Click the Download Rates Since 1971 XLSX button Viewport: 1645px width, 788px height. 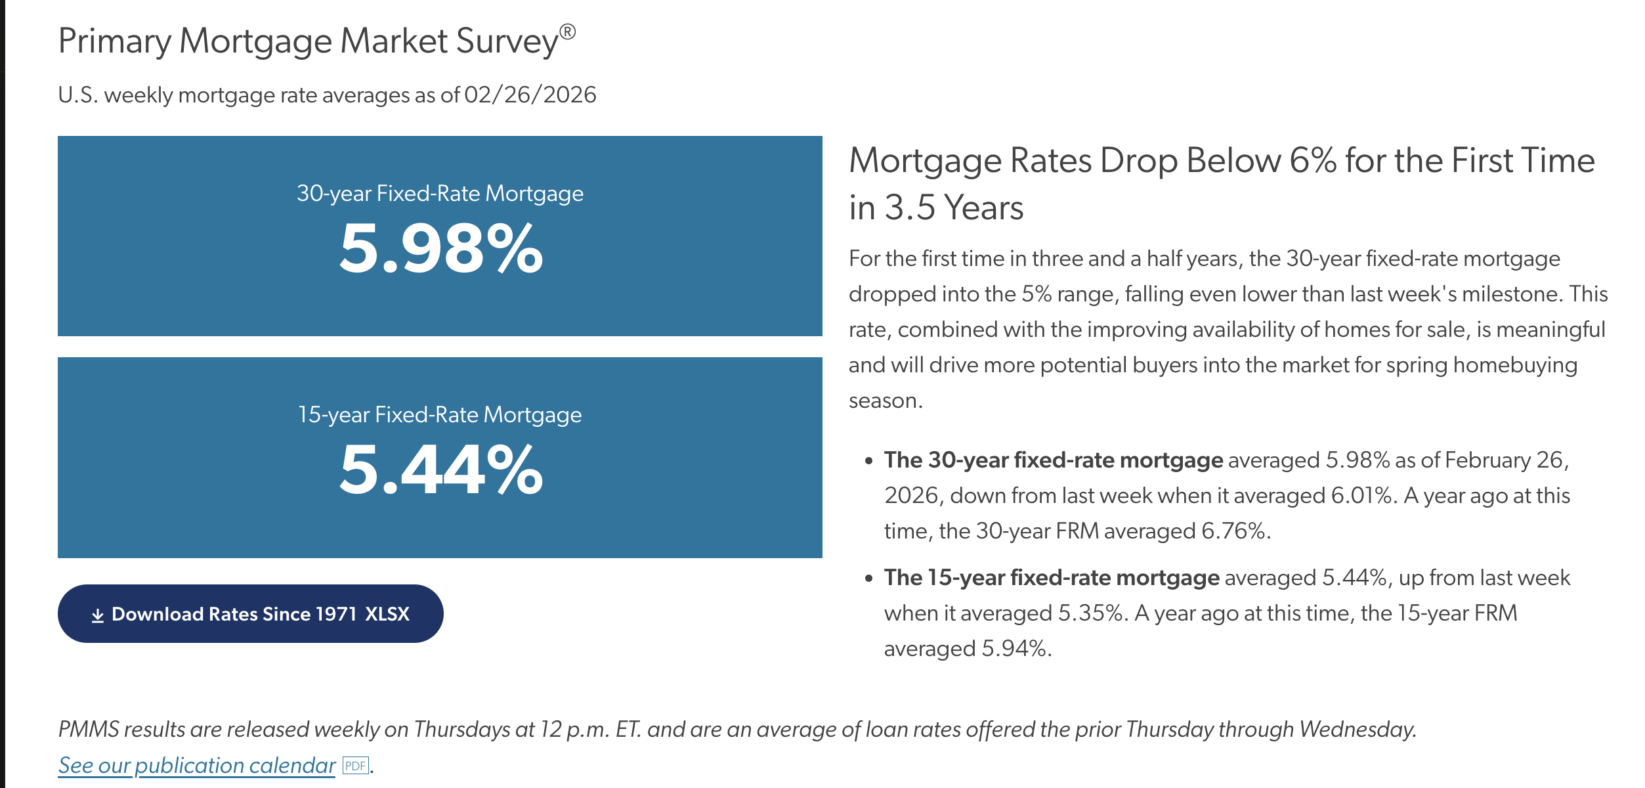pos(250,614)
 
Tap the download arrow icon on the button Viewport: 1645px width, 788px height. pos(98,615)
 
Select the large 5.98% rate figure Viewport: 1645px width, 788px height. pos(440,250)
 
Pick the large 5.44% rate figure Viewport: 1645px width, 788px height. pos(440,470)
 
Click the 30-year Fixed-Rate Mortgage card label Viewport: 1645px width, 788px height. pos(440,194)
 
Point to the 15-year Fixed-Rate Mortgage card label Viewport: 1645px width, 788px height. pos(440,415)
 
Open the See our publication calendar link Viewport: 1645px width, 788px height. pos(197,766)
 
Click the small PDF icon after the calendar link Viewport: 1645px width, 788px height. pos(356,766)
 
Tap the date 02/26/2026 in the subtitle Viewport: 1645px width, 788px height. pos(530,95)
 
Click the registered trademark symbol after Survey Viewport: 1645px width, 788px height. pos(568,32)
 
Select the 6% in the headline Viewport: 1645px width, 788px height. pos(1313,161)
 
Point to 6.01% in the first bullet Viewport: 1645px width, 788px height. pos(1361,496)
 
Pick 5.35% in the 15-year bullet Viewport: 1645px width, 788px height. pos(1090,613)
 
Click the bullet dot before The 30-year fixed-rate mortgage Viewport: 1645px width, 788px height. pos(869,461)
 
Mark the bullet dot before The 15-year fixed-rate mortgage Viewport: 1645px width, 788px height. pos(869,579)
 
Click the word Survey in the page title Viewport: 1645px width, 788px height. pos(507,41)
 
